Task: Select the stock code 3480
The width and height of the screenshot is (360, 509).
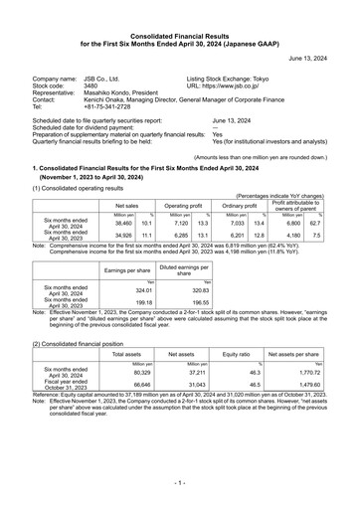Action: pyautogui.click(x=90, y=85)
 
